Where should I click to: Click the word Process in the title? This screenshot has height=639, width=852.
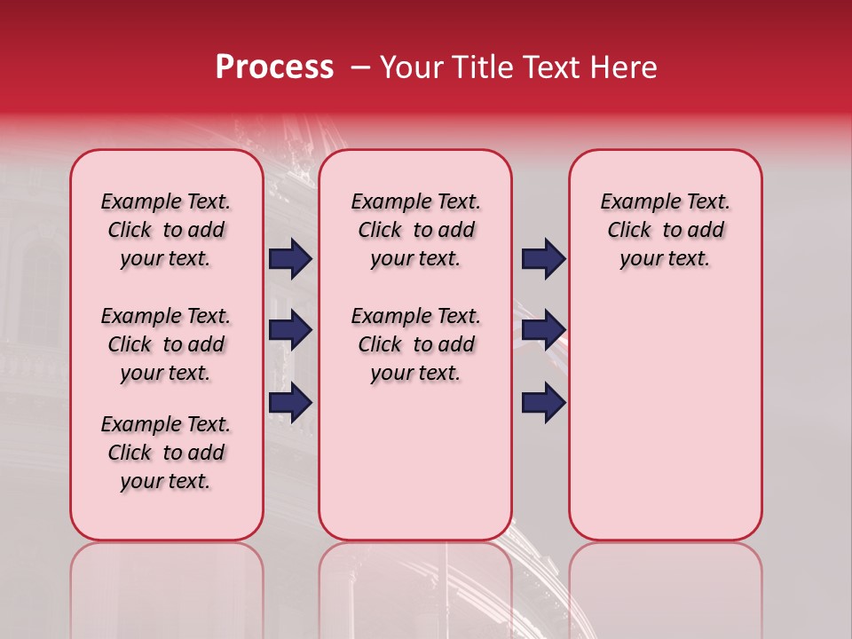click(x=274, y=67)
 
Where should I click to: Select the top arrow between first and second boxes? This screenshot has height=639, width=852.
click(x=290, y=259)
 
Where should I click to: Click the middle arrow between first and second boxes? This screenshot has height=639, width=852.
click(x=290, y=331)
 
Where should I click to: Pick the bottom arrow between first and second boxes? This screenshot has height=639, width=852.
click(x=290, y=402)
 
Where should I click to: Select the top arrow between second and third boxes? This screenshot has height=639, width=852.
click(x=543, y=259)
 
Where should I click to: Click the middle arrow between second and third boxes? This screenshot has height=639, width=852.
click(x=543, y=331)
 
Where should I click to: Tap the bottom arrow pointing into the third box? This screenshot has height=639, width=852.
click(x=543, y=402)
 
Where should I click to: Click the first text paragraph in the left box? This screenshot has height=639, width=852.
click(x=166, y=230)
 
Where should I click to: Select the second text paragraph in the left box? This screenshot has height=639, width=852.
click(x=166, y=344)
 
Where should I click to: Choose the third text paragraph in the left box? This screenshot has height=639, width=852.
click(x=166, y=453)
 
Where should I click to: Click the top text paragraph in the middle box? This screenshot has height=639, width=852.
click(x=415, y=230)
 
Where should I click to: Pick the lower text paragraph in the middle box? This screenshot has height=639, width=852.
click(x=415, y=344)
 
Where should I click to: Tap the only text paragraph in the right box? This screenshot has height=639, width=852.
click(x=665, y=230)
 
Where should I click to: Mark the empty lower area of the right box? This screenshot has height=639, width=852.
click(x=665, y=408)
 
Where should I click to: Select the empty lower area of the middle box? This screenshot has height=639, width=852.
click(x=415, y=461)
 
